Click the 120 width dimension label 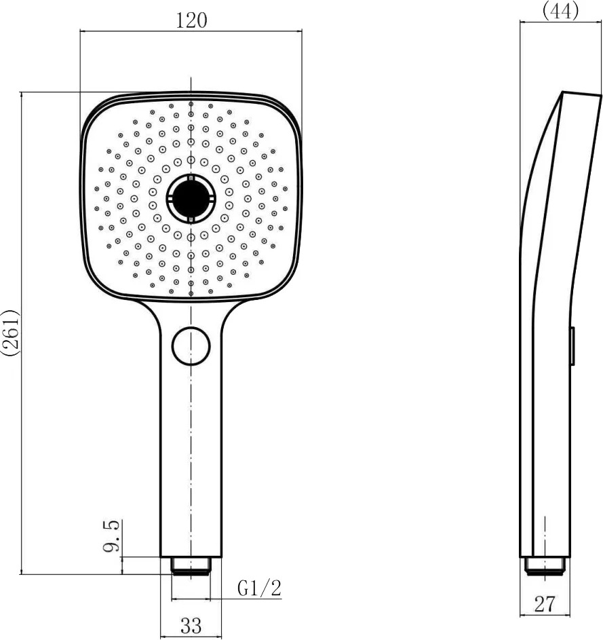point(191,20)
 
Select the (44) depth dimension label point(560,10)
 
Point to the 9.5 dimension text point(111,536)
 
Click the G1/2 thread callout point(260,588)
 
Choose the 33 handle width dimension point(191,625)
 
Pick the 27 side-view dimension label point(545,604)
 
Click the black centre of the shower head point(191,198)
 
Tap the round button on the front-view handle point(191,346)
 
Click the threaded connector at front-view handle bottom point(191,566)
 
